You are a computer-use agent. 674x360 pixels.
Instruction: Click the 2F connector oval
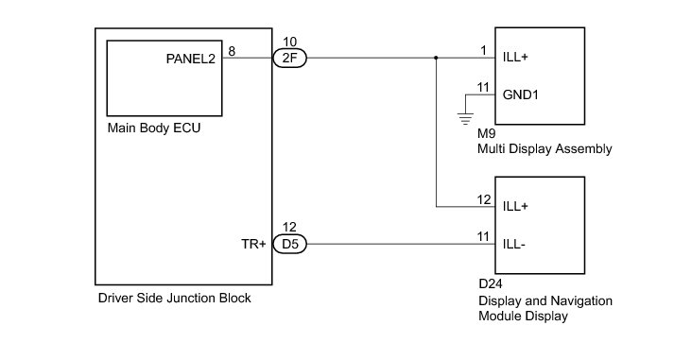[289, 58]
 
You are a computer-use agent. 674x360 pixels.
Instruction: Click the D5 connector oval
[289, 244]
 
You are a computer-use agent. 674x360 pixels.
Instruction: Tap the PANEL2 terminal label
[190, 59]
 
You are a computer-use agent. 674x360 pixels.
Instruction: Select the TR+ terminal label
[253, 244]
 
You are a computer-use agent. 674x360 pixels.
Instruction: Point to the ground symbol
[465, 118]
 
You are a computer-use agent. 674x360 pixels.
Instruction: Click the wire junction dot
[436, 58]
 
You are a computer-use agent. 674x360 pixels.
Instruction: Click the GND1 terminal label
[520, 94]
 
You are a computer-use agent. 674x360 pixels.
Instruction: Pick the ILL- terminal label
[513, 245]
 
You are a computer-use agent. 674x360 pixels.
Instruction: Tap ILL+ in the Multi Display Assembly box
[515, 57]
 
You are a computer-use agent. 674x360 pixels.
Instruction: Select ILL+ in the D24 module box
[515, 206]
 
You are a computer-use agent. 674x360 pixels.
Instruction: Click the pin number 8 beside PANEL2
[232, 51]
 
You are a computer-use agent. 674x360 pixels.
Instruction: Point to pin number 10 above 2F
[289, 42]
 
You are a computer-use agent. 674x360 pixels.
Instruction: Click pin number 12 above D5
[289, 228]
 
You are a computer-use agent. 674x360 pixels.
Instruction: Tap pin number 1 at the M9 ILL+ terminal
[484, 51]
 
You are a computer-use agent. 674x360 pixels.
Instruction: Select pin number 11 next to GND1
[483, 88]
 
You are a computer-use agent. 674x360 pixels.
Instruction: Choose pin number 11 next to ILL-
[483, 237]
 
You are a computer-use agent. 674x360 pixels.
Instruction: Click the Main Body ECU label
[154, 128]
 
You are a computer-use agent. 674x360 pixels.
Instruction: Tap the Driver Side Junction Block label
[175, 299]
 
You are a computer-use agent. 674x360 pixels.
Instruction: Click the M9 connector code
[486, 133]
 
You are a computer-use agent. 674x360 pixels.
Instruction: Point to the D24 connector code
[490, 284]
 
